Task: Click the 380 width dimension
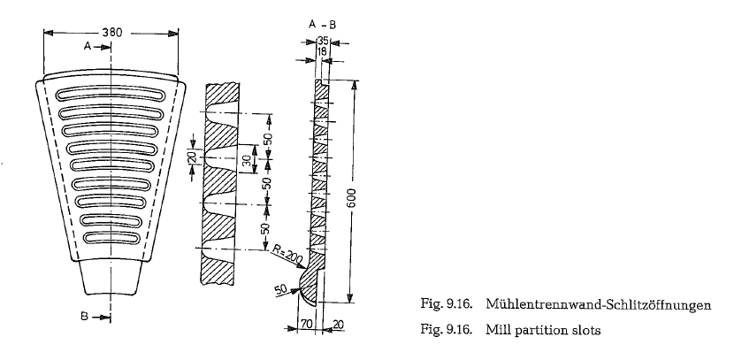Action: click(x=111, y=33)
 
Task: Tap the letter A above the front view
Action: click(x=87, y=46)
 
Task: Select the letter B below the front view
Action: click(x=84, y=317)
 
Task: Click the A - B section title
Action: click(x=322, y=25)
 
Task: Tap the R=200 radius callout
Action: click(x=287, y=254)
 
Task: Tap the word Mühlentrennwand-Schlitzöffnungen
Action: click(x=598, y=304)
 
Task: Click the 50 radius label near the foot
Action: click(x=281, y=288)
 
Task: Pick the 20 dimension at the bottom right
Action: click(x=339, y=325)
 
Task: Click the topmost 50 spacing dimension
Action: click(x=268, y=138)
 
